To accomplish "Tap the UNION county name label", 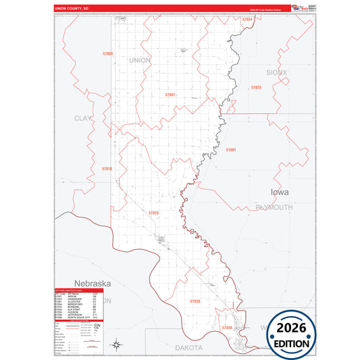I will click(139, 60).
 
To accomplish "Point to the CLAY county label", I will click(82, 118).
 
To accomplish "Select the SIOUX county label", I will click(276, 72).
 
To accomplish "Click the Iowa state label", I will click(279, 192).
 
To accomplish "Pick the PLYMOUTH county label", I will click(274, 207).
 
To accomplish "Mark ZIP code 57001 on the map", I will click(170, 95).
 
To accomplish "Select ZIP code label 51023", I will click(255, 88).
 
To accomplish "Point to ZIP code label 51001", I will click(231, 149).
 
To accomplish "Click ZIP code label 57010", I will click(107, 168).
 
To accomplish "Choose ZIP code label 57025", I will click(154, 213).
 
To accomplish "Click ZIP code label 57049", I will click(228, 327).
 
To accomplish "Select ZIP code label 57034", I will click(247, 20).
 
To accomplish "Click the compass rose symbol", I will click(116, 345).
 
